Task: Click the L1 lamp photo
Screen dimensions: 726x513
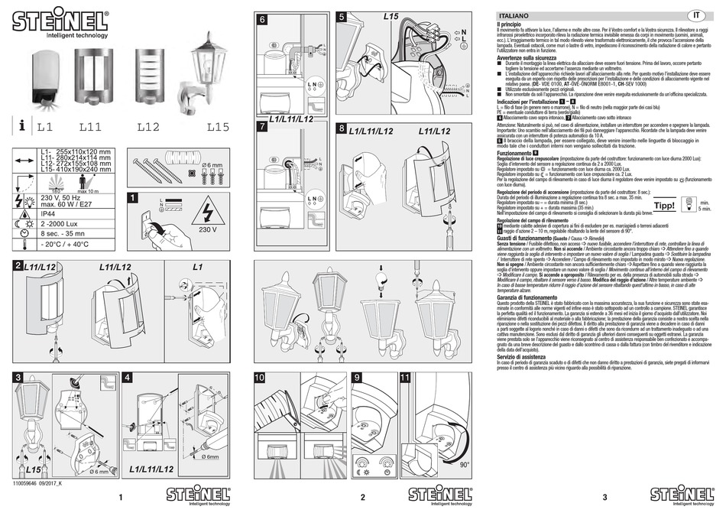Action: click(x=46, y=77)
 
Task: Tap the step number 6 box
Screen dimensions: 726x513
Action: click(x=262, y=20)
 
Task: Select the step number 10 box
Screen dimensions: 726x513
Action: click(x=261, y=378)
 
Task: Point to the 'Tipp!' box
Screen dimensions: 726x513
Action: click(x=665, y=205)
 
